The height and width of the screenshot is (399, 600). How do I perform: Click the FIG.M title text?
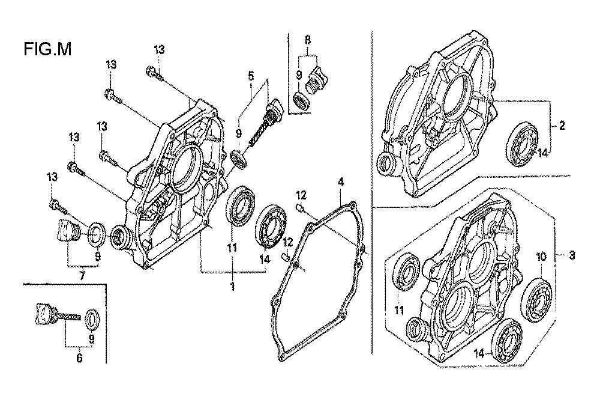coord(48,49)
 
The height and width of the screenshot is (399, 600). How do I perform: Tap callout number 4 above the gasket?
coord(340,181)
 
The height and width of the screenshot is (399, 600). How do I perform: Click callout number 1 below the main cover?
coord(233,287)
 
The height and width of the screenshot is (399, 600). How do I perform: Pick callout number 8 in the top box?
coord(308,40)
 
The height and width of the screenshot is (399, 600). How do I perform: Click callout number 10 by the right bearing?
coord(540,255)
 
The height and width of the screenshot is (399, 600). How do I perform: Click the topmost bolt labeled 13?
coord(152,73)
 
